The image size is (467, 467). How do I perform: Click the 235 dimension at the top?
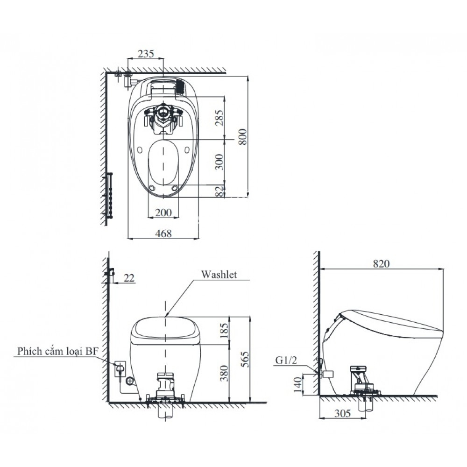coord(146,53)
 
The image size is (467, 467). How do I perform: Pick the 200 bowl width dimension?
coord(163,212)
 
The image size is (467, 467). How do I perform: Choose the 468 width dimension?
coord(163,233)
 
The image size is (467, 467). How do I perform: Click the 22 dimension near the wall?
coord(129,278)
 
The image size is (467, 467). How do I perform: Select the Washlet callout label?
coord(219,275)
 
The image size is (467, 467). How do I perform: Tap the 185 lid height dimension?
coord(224,330)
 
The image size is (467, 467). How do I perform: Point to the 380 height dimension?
coord(224,372)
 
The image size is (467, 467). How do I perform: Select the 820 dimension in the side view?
coord(381,263)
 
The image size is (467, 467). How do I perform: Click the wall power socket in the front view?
coord(120,369)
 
